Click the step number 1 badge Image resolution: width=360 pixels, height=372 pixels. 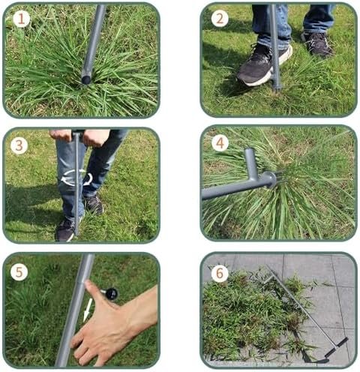click(x=22, y=19)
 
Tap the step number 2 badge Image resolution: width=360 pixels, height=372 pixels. click(x=220, y=19)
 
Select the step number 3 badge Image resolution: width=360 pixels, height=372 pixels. click(x=19, y=145)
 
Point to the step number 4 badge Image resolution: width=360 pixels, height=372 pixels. click(x=220, y=143)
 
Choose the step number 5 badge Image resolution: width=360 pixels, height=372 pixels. click(x=19, y=271)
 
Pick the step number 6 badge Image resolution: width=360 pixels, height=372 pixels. click(x=220, y=273)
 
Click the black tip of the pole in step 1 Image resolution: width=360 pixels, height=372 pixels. click(x=86, y=80)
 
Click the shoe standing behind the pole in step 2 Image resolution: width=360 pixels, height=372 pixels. click(x=317, y=44)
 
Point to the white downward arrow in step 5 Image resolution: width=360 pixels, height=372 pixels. click(x=87, y=310)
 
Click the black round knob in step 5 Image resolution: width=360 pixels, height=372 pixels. click(x=111, y=294)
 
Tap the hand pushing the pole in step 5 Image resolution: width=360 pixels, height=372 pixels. click(x=110, y=325)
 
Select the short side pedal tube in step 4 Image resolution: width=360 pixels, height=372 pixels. click(x=250, y=163)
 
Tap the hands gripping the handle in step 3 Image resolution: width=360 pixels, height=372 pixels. click(x=79, y=136)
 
